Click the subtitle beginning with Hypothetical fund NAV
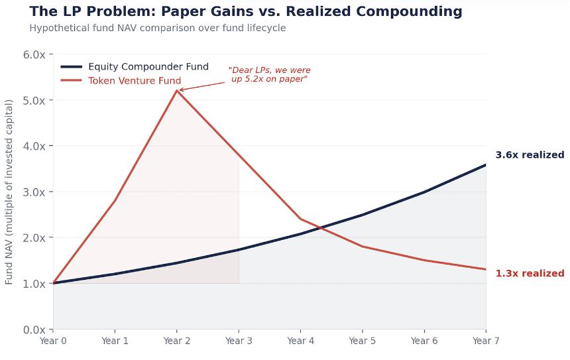click(158, 28)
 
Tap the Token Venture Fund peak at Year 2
click(177, 90)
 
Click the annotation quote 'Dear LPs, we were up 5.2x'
click(269, 74)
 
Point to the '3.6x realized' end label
click(530, 155)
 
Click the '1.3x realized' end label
click(530, 273)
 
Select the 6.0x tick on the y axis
click(34, 54)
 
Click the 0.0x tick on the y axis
click(34, 330)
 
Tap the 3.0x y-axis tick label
click(34, 192)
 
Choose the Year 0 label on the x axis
click(53, 341)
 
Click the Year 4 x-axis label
click(300, 341)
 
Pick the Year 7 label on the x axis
click(486, 341)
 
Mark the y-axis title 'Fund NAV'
click(9, 192)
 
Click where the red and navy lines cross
click(319, 227)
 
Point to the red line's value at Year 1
click(115, 200)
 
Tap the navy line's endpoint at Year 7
click(486, 164)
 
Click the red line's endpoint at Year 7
click(486, 269)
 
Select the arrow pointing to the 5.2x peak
click(202, 86)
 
